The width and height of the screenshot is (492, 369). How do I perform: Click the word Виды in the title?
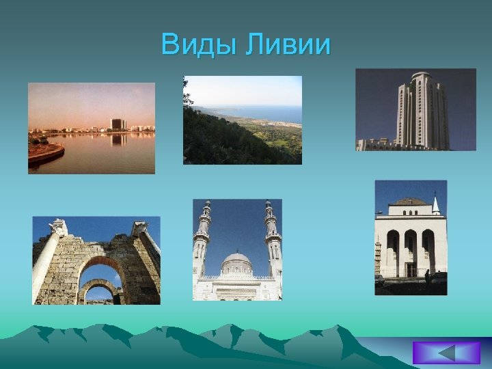199,46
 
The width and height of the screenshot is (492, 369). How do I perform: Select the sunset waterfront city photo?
92,128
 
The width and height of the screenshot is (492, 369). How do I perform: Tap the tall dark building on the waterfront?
118,124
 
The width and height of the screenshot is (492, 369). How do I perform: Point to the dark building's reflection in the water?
118,139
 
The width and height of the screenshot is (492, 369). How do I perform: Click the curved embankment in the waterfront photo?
46,154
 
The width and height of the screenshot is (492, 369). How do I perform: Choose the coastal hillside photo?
243,120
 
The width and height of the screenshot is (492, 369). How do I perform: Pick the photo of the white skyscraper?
415,109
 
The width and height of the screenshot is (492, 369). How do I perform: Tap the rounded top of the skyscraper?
422,75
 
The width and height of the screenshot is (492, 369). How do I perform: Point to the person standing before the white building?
427,277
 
